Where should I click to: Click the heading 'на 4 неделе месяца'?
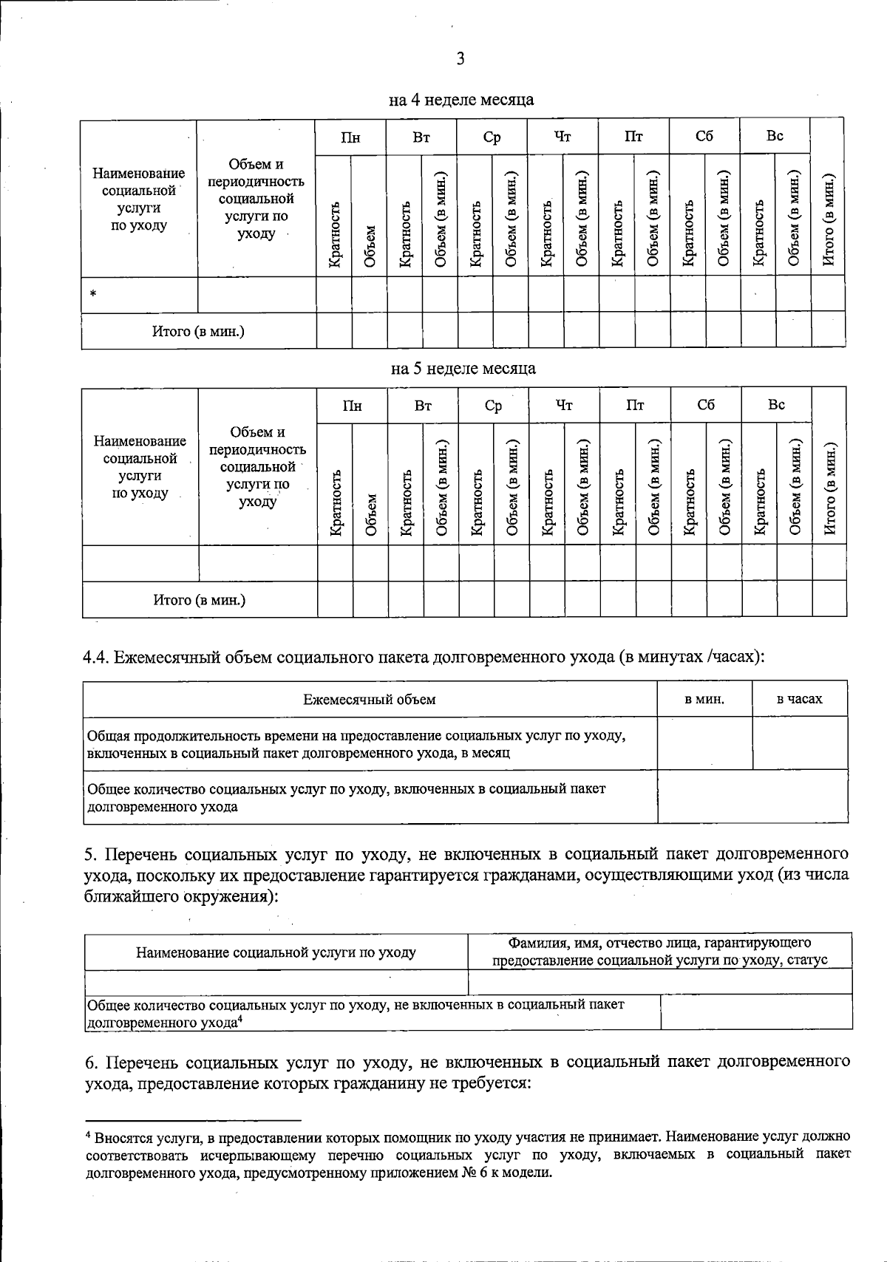(x=461, y=99)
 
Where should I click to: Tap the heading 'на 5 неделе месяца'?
(x=463, y=368)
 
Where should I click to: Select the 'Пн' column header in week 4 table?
(x=350, y=137)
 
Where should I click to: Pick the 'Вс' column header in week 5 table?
(x=776, y=405)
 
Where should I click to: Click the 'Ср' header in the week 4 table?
(x=492, y=137)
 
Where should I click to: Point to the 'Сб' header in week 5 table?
(x=706, y=405)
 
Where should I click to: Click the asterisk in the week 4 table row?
(x=93, y=295)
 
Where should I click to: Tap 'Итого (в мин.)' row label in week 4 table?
(x=198, y=331)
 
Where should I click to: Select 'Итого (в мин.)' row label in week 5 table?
(x=200, y=600)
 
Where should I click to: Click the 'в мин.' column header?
(x=704, y=699)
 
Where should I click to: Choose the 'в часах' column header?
(x=799, y=699)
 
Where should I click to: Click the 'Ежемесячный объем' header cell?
(x=370, y=699)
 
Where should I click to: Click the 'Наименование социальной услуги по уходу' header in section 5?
(x=276, y=952)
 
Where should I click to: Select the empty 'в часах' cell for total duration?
(x=800, y=743)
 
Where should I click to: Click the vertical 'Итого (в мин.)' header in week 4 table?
(x=828, y=219)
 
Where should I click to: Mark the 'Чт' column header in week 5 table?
(x=564, y=405)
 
